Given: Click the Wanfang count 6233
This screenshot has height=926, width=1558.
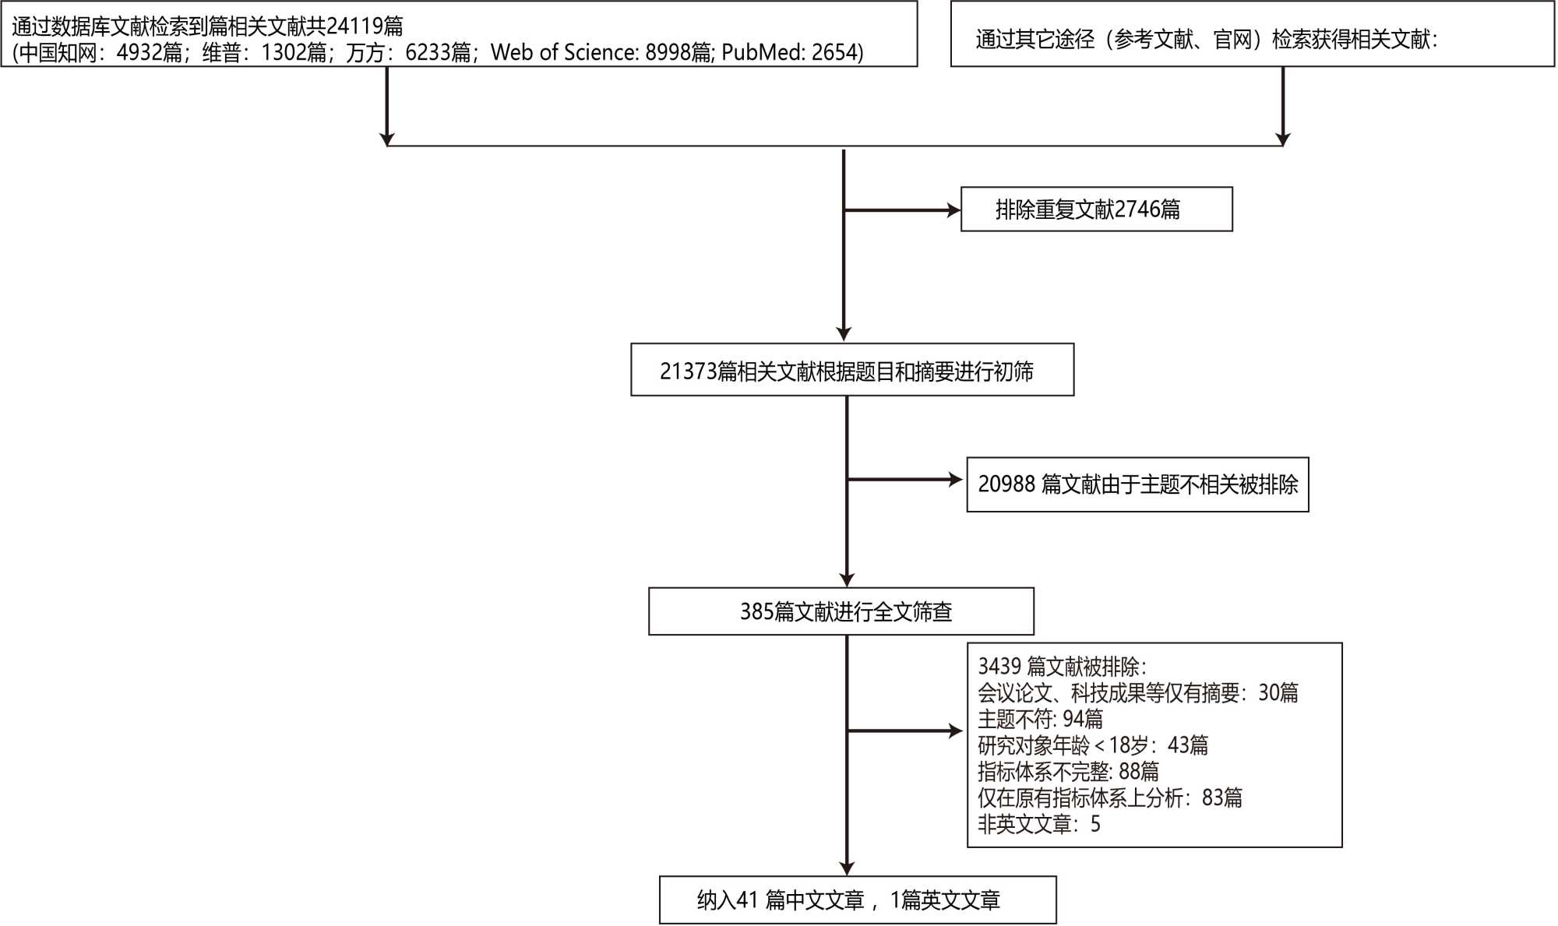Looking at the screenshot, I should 428,52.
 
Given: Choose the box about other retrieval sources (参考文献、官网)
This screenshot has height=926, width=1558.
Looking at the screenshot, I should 1252,35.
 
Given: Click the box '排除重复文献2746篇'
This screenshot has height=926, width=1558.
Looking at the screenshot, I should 1096,209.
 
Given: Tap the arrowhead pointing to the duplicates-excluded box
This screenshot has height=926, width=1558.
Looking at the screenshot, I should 953,210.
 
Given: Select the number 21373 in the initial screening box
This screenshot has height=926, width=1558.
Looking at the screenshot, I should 688,371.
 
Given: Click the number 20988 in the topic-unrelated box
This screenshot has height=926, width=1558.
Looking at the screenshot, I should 1006,484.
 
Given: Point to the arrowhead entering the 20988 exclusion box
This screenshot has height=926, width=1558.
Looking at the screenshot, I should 957,480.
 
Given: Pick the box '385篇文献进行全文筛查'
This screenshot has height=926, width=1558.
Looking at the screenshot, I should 841,611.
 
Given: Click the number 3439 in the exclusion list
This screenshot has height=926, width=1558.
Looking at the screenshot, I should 999,667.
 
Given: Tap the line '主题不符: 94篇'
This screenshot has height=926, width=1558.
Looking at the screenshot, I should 1040,719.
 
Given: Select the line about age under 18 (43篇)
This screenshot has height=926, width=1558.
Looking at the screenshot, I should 1092,745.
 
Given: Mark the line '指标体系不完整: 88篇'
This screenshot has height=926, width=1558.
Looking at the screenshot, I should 1067,771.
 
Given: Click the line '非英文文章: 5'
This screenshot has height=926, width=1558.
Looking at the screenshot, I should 1038,824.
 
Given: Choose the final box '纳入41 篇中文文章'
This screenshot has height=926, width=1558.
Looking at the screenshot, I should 857,900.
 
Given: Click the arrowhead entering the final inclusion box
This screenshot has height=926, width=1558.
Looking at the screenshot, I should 847,868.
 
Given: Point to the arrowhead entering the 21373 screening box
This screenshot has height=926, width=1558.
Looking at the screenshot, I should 844,334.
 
